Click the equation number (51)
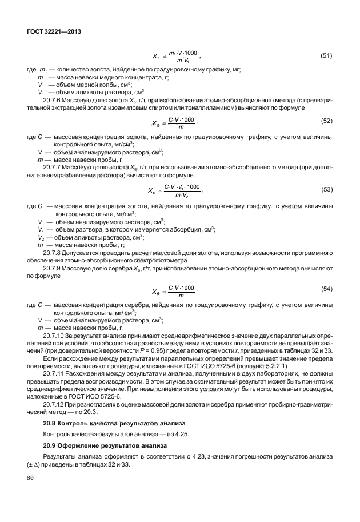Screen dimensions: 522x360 coord(326,56)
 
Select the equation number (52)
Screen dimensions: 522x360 coord(326,121)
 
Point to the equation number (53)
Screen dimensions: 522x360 coord(326,189)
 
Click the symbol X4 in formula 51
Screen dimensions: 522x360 coord(157,57)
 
